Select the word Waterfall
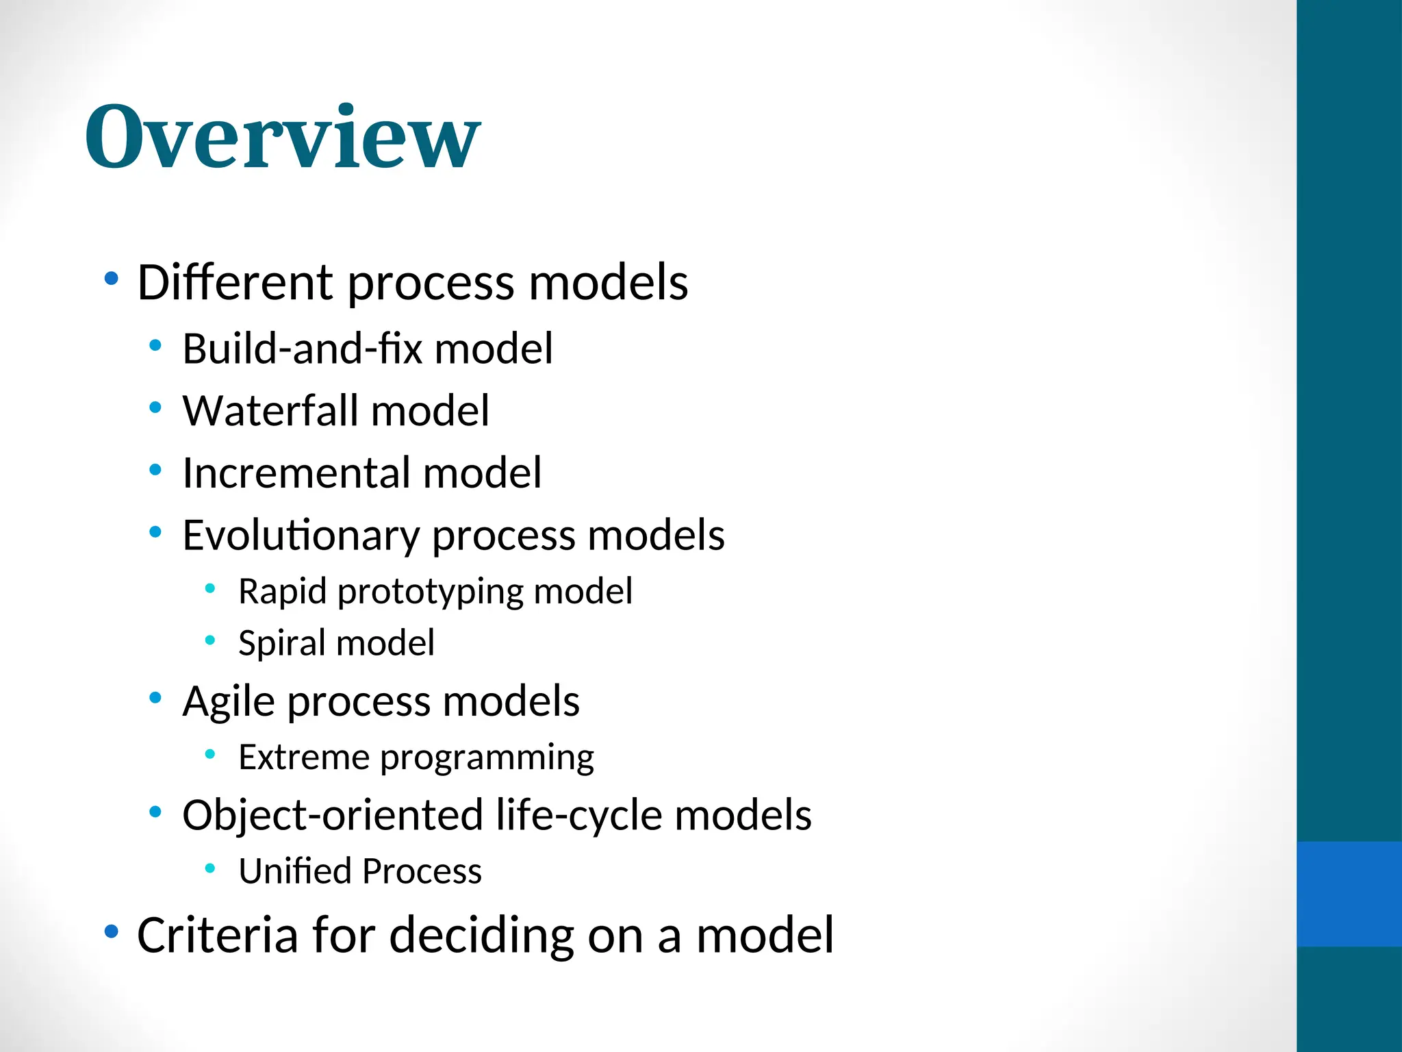pyautogui.click(x=270, y=410)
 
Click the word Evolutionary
pyautogui.click(x=301, y=535)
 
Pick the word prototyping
pyautogui.click(x=431, y=591)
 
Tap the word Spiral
pyautogui.click(x=281, y=642)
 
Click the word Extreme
pyautogui.click(x=304, y=757)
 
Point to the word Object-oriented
pyautogui.click(x=333, y=815)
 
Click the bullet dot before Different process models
pyautogui.click(x=111, y=279)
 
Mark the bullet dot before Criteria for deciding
pyautogui.click(x=111, y=931)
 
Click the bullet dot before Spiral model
pyautogui.click(x=210, y=640)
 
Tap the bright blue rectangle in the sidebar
pyautogui.click(x=1349, y=894)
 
